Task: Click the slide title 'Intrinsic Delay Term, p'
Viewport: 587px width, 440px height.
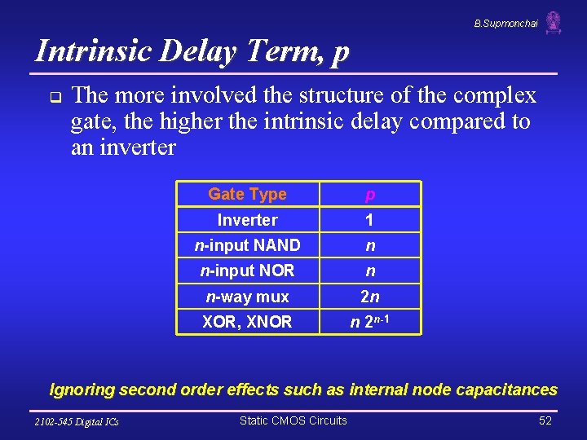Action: [x=192, y=51]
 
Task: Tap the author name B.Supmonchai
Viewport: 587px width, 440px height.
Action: [x=505, y=24]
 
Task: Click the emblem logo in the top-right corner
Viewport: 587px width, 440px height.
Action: [x=554, y=23]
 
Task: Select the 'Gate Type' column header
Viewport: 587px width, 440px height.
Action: [x=247, y=194]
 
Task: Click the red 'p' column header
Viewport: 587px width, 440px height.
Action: [x=370, y=194]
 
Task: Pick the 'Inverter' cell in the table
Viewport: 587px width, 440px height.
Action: [x=247, y=220]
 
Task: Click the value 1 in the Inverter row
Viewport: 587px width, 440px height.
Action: [x=369, y=220]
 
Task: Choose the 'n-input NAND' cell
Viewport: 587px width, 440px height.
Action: [x=247, y=245]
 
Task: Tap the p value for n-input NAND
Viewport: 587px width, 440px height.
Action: [x=370, y=245]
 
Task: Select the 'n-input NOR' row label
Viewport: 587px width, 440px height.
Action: [x=247, y=271]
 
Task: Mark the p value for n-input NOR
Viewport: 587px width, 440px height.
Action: [x=370, y=271]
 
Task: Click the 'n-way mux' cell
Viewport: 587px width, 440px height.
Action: [x=247, y=297]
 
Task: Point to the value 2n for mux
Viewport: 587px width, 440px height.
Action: [x=370, y=297]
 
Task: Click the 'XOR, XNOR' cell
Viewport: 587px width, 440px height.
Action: [x=247, y=322]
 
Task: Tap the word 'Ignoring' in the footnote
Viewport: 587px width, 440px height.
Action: [x=82, y=389]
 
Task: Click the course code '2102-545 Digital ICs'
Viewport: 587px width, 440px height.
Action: [x=77, y=422]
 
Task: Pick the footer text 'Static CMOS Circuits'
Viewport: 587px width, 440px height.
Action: [x=293, y=420]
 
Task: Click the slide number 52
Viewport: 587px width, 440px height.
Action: [x=545, y=420]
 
